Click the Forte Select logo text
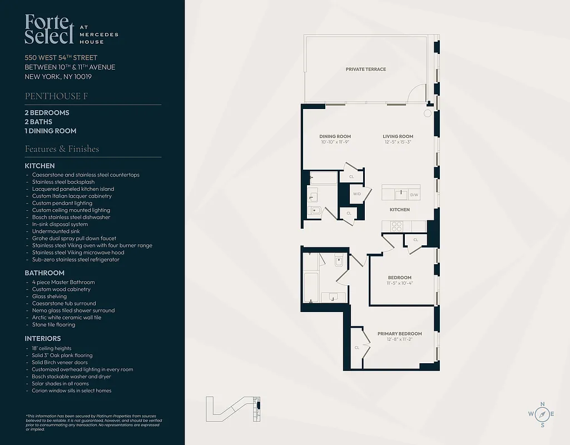click(49, 29)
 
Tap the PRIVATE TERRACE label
click(365, 70)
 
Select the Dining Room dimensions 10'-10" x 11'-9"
click(335, 142)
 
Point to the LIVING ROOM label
click(398, 136)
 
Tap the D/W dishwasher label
click(414, 195)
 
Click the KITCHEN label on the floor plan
click(399, 210)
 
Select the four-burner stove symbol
click(397, 226)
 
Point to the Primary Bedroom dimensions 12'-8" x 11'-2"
click(399, 339)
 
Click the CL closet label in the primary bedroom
click(356, 348)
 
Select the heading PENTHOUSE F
click(56, 96)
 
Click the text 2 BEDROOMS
click(47, 113)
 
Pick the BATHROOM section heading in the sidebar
click(44, 273)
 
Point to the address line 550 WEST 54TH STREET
click(61, 58)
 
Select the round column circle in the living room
click(427, 113)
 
